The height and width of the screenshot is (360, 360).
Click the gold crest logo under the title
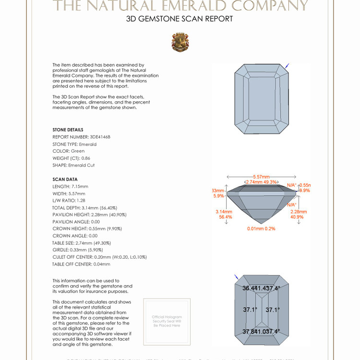tap(180, 42)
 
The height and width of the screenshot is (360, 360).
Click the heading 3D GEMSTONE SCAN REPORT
tap(180, 19)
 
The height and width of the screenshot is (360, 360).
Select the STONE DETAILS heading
tap(68, 130)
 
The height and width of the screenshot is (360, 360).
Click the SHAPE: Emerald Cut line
tap(73, 165)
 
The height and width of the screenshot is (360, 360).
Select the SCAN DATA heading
tap(64, 180)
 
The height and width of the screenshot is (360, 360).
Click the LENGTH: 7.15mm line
tap(70, 186)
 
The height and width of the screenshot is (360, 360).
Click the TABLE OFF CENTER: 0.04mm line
tap(81, 264)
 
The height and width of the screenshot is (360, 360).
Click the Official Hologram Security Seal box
tap(167, 321)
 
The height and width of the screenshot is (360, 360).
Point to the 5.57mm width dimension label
tap(261, 177)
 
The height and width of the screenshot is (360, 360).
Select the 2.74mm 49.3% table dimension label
tap(261, 182)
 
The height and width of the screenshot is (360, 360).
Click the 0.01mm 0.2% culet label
tap(261, 228)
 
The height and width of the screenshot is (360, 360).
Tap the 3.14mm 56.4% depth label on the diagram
tap(224, 214)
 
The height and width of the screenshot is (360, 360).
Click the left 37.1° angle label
tap(250, 310)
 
